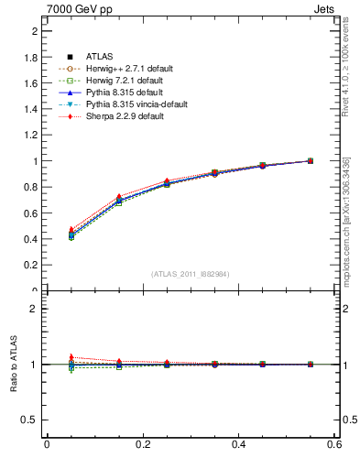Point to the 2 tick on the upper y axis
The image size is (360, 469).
point(34,31)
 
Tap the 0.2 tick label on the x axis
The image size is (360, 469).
point(143,444)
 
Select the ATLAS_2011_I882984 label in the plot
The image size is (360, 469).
point(191,275)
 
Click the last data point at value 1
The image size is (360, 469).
point(310,160)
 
